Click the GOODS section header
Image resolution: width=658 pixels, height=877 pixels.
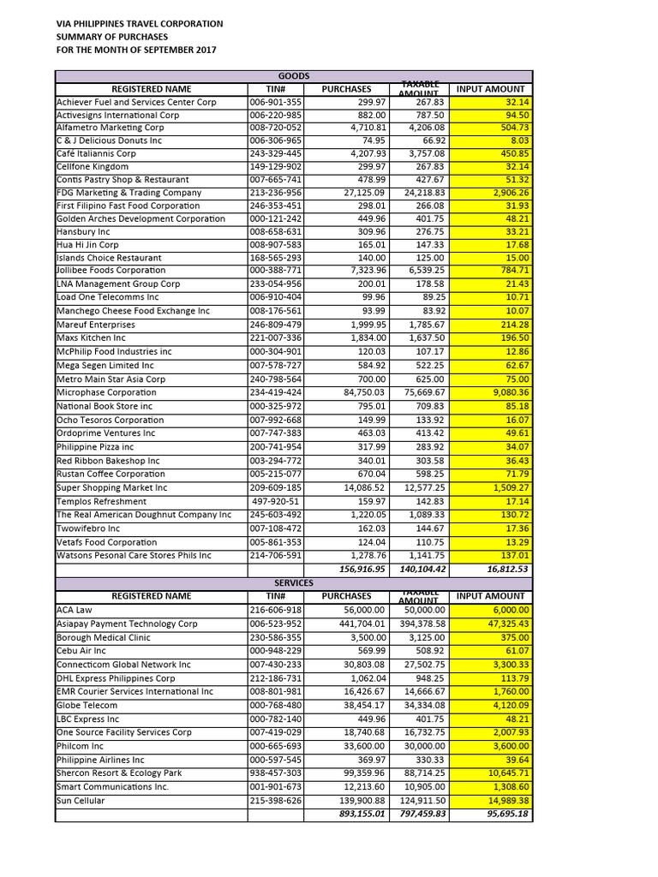(294, 76)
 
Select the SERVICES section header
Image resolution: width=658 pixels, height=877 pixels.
(294, 582)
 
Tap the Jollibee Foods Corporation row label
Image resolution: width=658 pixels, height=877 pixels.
(111, 271)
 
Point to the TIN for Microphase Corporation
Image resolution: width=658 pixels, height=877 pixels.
(275, 392)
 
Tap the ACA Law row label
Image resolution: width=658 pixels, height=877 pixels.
(75, 610)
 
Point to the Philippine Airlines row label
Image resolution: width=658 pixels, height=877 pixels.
(100, 760)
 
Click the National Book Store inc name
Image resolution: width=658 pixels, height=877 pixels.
(105, 406)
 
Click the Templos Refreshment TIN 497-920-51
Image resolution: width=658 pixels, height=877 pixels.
(276, 501)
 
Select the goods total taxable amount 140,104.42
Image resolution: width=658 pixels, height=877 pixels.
(421, 569)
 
